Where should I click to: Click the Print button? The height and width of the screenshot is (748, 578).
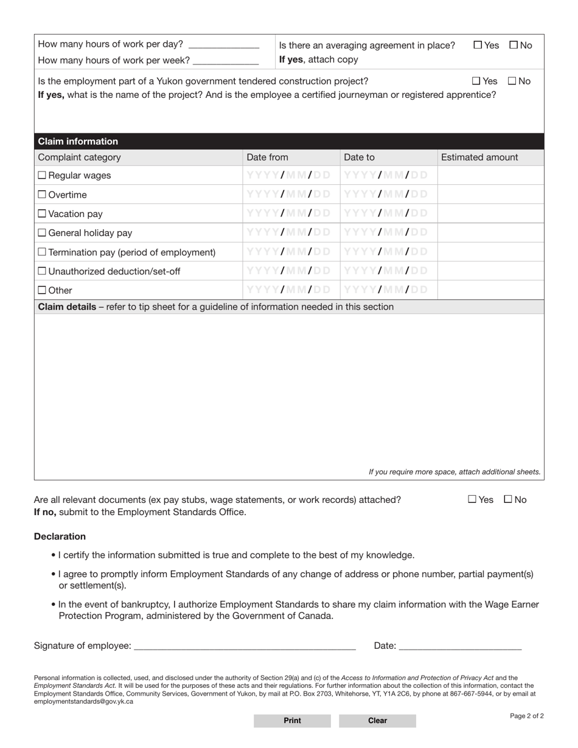click(x=292, y=721)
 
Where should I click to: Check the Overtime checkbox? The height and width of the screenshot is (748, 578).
click(x=42, y=195)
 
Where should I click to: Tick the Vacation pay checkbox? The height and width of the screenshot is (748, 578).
click(x=42, y=213)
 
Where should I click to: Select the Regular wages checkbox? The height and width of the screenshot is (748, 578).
click(x=42, y=175)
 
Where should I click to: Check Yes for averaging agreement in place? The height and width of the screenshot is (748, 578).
click(x=478, y=45)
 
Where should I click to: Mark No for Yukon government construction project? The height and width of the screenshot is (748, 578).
click(x=512, y=81)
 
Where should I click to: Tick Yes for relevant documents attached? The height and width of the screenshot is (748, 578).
click(x=472, y=499)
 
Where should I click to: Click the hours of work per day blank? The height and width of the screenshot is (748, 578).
click(x=224, y=45)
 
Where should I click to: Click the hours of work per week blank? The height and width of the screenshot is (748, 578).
click(x=225, y=61)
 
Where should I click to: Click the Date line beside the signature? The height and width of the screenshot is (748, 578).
click(x=460, y=646)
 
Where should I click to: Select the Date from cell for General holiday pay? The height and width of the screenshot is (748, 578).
click(x=290, y=232)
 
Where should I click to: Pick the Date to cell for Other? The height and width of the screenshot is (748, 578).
click(x=388, y=290)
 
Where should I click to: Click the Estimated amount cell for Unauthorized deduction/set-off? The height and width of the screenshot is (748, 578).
click(x=490, y=271)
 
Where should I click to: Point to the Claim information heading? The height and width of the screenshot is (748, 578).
click(x=78, y=141)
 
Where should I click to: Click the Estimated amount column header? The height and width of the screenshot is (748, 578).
click(x=479, y=157)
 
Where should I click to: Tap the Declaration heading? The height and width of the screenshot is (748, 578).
click(x=60, y=536)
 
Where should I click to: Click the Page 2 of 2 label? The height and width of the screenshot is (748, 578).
click(x=526, y=716)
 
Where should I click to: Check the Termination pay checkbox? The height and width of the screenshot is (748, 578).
click(x=42, y=252)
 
